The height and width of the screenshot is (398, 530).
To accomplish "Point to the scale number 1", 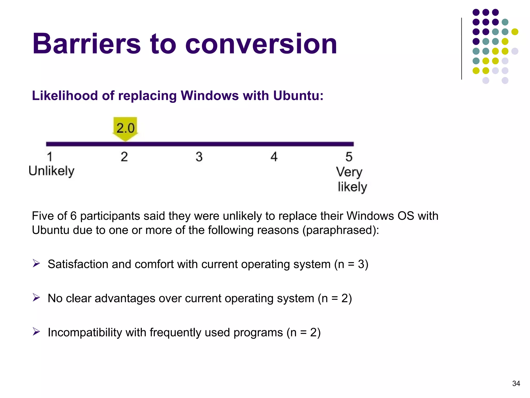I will click(x=50, y=157).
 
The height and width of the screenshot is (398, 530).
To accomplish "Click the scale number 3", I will click(x=199, y=157).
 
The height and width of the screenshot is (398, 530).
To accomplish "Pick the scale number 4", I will click(x=274, y=157).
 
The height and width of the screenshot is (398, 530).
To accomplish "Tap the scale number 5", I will click(x=349, y=157).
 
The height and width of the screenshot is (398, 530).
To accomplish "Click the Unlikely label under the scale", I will click(x=51, y=171).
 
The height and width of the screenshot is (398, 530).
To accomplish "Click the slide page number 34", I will click(x=516, y=383).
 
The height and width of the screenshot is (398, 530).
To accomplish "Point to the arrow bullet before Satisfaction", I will click(x=36, y=264).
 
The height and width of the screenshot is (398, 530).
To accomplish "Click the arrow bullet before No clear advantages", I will click(x=36, y=298).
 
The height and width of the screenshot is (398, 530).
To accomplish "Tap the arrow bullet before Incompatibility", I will click(x=36, y=332).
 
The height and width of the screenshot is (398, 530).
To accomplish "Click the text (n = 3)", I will click(x=351, y=264).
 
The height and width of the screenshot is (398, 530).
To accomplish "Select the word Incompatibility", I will click(x=85, y=332).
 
